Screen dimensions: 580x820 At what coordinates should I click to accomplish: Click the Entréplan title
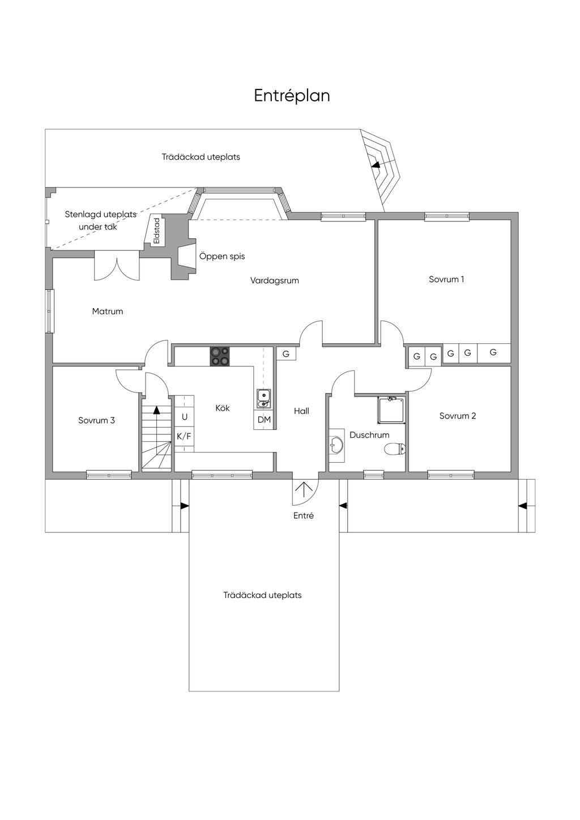[x=292, y=96]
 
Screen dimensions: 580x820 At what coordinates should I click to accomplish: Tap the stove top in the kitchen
[x=220, y=356]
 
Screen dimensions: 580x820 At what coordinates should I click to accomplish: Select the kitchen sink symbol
[x=263, y=398]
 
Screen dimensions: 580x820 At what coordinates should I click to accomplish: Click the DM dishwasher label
[x=264, y=420]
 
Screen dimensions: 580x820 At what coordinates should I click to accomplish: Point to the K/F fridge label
[x=184, y=437]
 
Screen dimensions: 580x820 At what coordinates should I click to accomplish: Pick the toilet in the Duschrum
[x=394, y=449]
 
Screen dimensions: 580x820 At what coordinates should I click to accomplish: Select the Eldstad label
[x=157, y=231]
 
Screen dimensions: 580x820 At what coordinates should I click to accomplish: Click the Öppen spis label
[x=222, y=256]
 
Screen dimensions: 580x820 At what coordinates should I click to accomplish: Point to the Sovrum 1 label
[x=446, y=279]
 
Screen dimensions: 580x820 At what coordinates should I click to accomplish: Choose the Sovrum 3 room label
[x=96, y=420]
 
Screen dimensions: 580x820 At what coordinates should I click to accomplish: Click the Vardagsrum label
[x=275, y=281]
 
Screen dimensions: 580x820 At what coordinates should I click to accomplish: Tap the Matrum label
[x=107, y=311]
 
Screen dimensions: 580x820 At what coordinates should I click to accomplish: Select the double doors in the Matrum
[x=117, y=268]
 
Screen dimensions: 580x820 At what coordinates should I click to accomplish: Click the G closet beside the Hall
[x=286, y=354]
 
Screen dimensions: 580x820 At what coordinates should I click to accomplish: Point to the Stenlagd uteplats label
[x=100, y=214]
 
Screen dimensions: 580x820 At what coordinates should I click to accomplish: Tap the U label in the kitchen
[x=185, y=417]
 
